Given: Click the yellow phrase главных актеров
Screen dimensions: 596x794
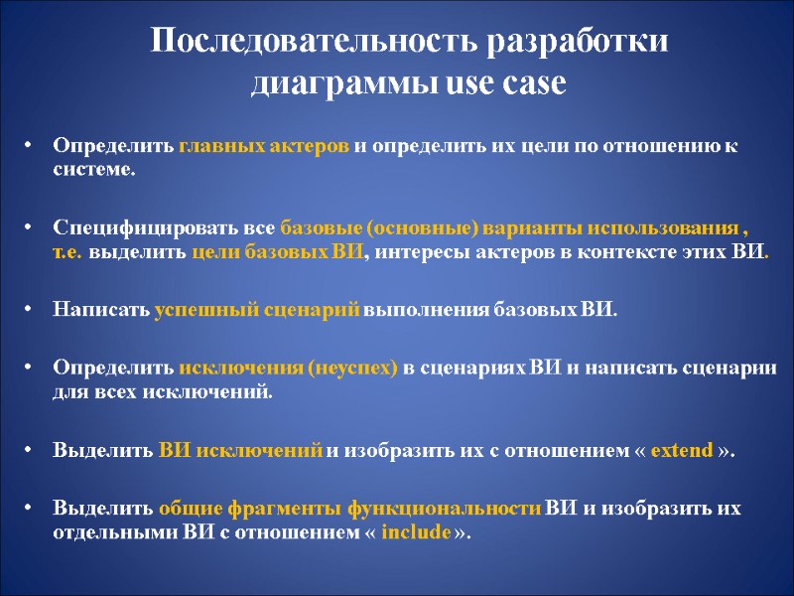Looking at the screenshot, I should (264, 146).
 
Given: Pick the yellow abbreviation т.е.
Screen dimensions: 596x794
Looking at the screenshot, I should (68, 250).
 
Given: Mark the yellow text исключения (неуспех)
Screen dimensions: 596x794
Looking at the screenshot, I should (288, 368).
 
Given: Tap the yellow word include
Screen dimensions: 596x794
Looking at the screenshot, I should (415, 531).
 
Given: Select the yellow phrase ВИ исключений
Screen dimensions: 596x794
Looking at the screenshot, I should (240, 449).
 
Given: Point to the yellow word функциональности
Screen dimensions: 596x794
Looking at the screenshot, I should (444, 509).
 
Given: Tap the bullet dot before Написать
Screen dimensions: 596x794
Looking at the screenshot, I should (30, 309).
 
